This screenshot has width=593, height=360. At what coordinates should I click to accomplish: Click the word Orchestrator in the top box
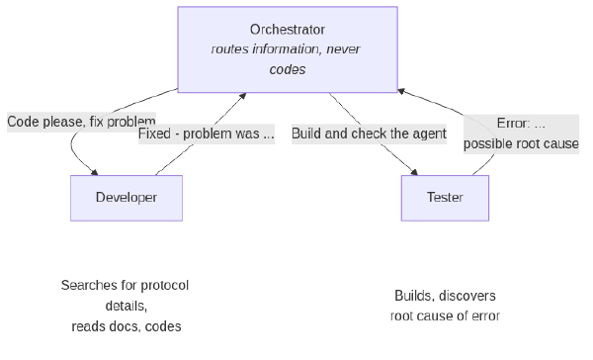[288, 30]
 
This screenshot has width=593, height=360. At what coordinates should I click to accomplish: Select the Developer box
[127, 198]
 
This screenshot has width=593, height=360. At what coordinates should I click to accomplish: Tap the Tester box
[445, 198]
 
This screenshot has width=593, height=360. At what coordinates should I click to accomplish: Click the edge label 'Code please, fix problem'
[81, 122]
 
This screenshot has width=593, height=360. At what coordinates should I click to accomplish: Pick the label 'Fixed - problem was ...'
[207, 134]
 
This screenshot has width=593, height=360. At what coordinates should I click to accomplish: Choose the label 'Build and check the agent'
[369, 134]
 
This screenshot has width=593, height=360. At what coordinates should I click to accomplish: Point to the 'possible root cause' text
[521, 143]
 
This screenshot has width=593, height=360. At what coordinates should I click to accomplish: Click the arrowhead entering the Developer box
[94, 172]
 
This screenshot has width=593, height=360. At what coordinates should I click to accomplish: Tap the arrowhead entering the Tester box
[414, 172]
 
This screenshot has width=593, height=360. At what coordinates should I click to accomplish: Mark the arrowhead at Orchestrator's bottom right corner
[401, 91]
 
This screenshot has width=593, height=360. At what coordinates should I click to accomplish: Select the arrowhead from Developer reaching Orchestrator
[242, 96]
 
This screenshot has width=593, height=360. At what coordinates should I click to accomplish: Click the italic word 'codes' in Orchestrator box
[288, 69]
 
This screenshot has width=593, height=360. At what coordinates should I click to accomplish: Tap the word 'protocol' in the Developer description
[164, 286]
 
